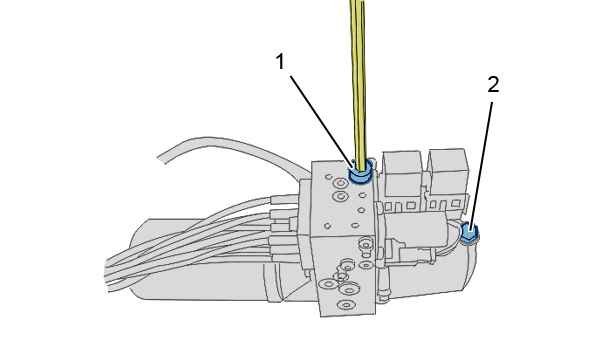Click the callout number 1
pos(280,62)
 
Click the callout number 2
pos(493,84)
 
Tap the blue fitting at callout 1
pos(360,173)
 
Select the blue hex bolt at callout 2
pos(468,232)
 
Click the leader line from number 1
pos(321,120)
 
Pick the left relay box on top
pos(402,173)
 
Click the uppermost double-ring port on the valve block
pos(340,182)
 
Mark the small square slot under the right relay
pos(455,203)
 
